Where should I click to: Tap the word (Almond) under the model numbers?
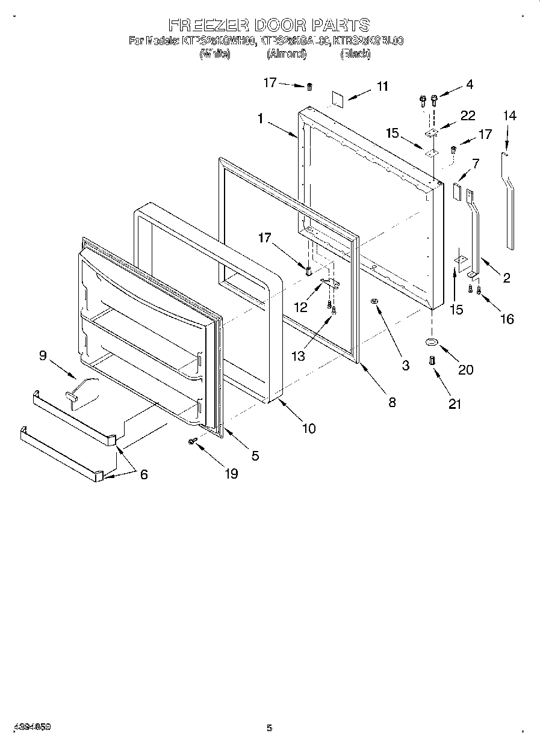tap(287, 54)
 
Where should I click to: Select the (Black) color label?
tap(355, 54)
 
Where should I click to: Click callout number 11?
tap(382, 86)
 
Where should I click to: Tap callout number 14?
tap(509, 115)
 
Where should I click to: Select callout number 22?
tap(467, 116)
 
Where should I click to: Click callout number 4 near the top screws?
tap(469, 85)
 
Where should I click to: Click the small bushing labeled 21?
tap(432, 360)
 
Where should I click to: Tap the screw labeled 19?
tap(193, 441)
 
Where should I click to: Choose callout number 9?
tap(43, 355)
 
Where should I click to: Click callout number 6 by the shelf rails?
tap(143, 474)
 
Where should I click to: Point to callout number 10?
tap(308, 428)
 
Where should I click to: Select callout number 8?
tap(392, 402)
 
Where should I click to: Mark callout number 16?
tap(507, 319)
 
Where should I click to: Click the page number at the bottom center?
tap(270, 728)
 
